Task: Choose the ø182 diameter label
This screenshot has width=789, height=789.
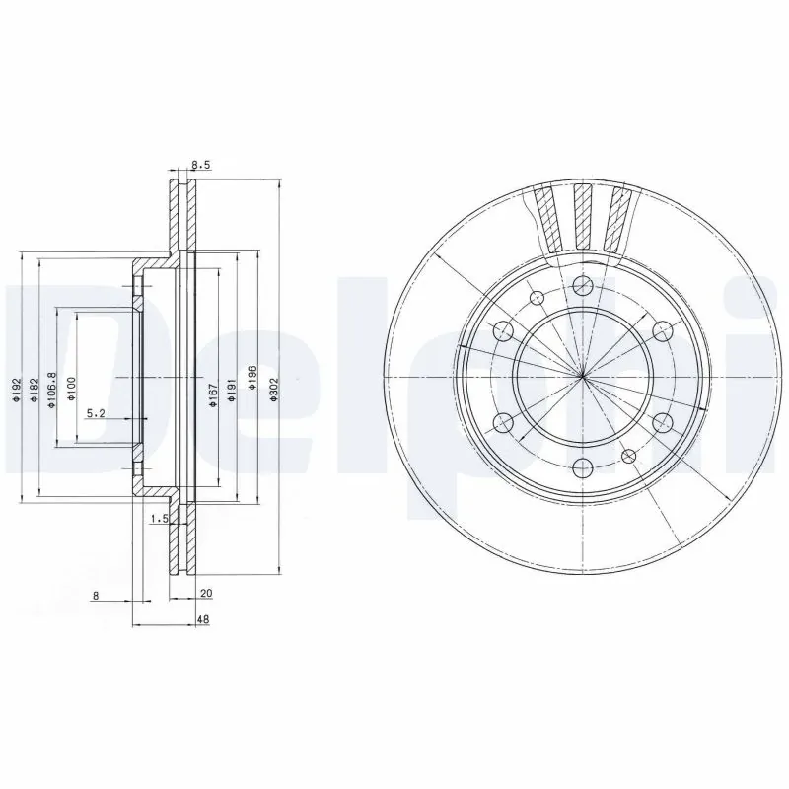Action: tap(34, 388)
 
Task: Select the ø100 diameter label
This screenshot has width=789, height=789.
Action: tap(72, 388)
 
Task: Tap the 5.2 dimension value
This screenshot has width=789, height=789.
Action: tap(97, 413)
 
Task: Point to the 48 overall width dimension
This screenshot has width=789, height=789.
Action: tap(201, 620)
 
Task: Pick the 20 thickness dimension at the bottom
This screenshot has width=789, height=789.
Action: tap(205, 594)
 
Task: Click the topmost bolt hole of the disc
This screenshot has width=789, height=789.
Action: tap(583, 285)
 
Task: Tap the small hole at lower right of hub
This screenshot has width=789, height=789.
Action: tap(628, 454)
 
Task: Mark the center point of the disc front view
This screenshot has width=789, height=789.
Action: tap(583, 377)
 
